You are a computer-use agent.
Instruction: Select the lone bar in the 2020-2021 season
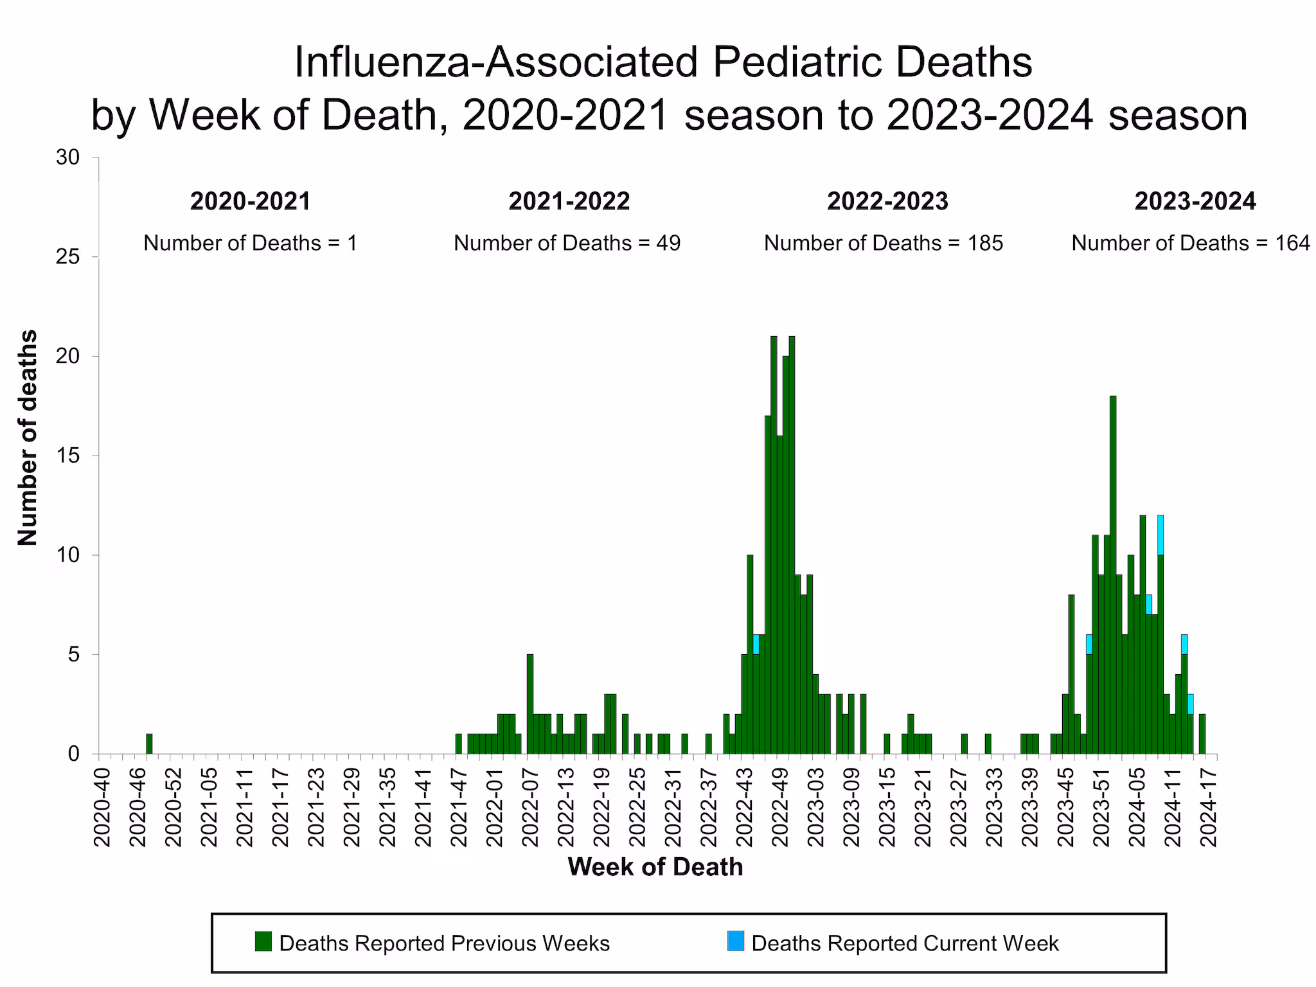click(149, 743)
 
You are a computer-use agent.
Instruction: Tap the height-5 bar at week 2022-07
click(530, 704)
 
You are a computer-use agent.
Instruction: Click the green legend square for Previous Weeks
click(263, 941)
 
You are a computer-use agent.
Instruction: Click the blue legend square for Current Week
click(736, 941)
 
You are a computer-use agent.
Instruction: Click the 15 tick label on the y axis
click(67, 456)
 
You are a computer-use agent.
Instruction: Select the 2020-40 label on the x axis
click(102, 806)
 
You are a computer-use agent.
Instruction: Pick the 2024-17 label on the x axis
click(1209, 806)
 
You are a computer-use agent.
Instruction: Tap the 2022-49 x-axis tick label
click(780, 806)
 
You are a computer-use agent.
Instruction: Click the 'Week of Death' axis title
click(655, 867)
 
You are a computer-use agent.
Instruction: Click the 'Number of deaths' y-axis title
click(28, 437)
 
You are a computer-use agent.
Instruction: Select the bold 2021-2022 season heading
click(569, 201)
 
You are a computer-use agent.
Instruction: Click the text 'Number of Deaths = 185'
click(883, 243)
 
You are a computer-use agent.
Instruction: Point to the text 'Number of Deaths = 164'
click(1190, 243)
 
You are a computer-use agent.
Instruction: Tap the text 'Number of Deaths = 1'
click(250, 243)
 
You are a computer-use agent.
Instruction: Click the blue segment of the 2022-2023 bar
click(756, 644)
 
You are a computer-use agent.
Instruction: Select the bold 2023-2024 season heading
click(1195, 201)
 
